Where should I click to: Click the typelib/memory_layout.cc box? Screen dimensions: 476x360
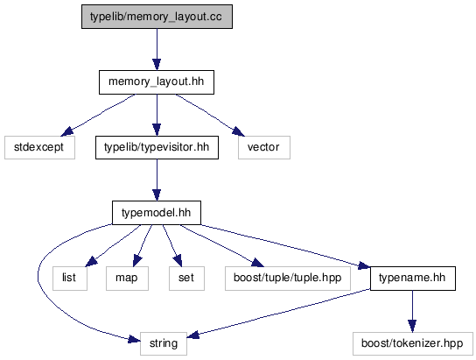pos(157,17)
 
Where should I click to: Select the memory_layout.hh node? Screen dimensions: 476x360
pos(157,82)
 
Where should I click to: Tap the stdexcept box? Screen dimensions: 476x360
pos(39,147)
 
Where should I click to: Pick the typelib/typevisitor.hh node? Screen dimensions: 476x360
pos(157,147)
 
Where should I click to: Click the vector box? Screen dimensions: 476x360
pos(264,147)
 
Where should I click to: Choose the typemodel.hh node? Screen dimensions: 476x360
pos(157,213)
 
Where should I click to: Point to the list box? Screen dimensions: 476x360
pos(70,279)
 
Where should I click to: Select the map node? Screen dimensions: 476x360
pos(127,279)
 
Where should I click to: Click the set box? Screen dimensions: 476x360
pos(186,279)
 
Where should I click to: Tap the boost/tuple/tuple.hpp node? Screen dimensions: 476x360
pos(288,279)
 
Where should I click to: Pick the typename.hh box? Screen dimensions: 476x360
pos(413,279)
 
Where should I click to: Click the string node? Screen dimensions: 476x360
pos(164,343)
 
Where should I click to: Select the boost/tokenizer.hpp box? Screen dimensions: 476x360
pos(413,343)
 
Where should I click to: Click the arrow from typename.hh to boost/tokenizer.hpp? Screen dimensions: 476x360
pos(412,311)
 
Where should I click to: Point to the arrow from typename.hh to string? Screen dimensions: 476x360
pos(278,313)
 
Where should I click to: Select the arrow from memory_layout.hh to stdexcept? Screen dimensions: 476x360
pos(98,115)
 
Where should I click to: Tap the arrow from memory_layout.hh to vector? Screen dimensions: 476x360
pos(210,115)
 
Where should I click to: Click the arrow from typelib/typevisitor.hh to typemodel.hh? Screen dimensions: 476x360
pos(157,180)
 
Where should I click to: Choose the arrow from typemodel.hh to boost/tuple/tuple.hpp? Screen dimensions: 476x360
pos(222,245)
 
